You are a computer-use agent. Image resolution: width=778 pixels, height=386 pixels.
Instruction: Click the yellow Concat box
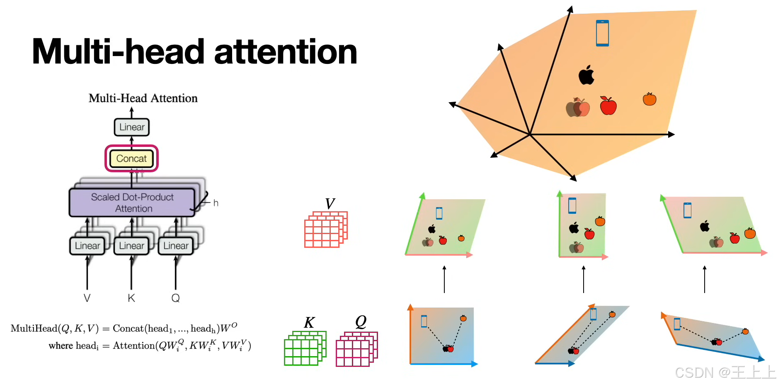[131, 159]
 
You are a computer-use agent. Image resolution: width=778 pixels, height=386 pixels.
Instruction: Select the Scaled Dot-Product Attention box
[132, 203]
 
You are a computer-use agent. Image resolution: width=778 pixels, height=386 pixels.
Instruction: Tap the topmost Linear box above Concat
[132, 127]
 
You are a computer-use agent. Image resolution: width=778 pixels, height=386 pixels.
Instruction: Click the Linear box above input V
[87, 246]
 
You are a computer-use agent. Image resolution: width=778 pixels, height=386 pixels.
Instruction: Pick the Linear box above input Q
[176, 246]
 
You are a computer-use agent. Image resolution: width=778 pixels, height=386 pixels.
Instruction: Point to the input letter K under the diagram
[131, 298]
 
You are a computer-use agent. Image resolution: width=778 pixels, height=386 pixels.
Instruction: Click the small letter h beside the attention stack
[216, 203]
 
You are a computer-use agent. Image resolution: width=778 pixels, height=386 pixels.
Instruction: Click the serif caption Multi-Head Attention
[143, 98]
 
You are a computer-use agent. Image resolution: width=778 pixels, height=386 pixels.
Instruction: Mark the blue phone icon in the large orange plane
[602, 33]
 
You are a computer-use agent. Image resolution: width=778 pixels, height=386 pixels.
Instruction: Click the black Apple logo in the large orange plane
[587, 75]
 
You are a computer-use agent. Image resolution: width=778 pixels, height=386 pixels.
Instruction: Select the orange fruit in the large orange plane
[650, 99]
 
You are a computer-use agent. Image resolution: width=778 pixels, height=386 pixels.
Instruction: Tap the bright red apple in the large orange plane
[608, 106]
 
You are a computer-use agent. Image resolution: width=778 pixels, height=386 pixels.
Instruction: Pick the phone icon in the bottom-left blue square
[424, 321]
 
